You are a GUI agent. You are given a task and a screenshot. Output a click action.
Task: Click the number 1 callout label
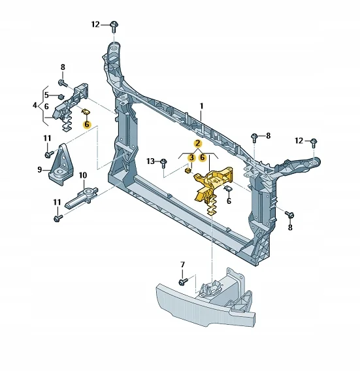(201, 106)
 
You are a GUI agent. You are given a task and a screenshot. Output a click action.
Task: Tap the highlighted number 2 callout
(198, 143)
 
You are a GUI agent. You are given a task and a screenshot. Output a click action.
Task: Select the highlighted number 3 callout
(191, 157)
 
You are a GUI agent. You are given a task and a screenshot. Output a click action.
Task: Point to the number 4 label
(35, 105)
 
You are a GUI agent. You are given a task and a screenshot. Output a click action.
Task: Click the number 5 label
(46, 95)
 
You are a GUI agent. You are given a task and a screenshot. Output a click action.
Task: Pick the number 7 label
(182, 265)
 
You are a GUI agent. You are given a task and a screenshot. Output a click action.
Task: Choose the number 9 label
(40, 169)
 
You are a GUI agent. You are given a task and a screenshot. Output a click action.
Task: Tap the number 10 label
(83, 175)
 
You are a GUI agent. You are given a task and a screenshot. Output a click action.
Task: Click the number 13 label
(150, 161)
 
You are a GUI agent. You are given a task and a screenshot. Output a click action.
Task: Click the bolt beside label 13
(164, 163)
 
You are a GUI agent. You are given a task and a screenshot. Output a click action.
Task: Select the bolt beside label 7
(183, 282)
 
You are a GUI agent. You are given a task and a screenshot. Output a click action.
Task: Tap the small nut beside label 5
(61, 97)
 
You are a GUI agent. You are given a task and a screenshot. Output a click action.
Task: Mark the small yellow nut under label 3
(188, 171)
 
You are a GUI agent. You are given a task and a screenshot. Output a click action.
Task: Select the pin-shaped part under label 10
(82, 197)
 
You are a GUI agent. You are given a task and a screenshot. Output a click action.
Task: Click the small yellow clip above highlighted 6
(86, 112)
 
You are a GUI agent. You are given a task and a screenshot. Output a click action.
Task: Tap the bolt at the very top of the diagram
(114, 26)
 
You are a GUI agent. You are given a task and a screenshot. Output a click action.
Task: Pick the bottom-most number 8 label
(290, 227)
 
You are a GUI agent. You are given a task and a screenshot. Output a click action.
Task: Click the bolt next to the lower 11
(58, 218)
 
